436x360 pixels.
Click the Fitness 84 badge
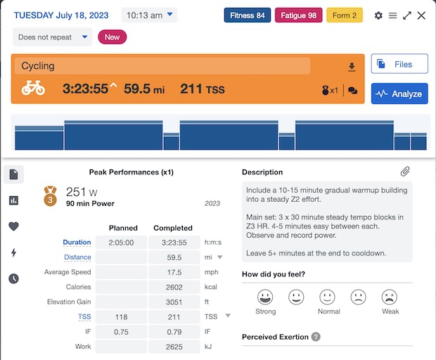[x=248, y=15]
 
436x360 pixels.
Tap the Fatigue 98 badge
[x=298, y=15]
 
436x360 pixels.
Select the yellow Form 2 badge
[x=345, y=15]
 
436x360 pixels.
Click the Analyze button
[x=399, y=94]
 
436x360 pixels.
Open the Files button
[x=399, y=64]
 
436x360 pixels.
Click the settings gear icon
[x=379, y=15]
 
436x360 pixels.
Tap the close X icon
[x=421, y=15]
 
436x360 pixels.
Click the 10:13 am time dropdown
[x=149, y=15]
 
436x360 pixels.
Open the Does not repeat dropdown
[x=52, y=37]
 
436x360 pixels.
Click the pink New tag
[x=112, y=37]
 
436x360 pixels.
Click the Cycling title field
[x=162, y=66]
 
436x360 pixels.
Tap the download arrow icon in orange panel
[x=352, y=67]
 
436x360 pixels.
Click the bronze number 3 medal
[x=51, y=195]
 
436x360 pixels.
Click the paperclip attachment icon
[x=405, y=172]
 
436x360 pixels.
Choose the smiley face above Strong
[x=264, y=297]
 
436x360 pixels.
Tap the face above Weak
[x=390, y=297]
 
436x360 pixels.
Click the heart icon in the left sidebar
[x=14, y=226]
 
